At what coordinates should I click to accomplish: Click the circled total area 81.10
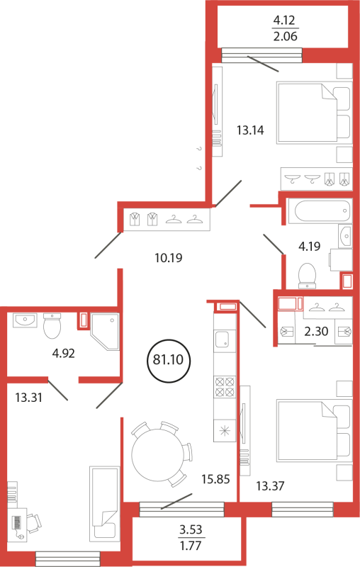coord(169,360)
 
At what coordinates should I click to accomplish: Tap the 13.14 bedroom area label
coord(250,130)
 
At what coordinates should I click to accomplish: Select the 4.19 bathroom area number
coord(310,246)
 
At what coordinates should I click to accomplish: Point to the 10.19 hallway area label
coord(169,258)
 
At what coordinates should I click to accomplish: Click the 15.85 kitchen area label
coord(215,479)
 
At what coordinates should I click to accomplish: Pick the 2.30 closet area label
coord(316,331)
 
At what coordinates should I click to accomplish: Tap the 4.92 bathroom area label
coord(64,353)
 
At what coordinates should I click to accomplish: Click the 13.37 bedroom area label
coord(271,486)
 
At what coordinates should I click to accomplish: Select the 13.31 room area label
coord(29,398)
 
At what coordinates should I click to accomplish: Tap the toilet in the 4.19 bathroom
coord(308,276)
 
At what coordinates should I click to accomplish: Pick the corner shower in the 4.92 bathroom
coord(105,332)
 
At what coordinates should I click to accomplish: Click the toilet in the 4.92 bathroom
coord(52,325)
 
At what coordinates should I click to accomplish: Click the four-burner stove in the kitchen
coord(225,387)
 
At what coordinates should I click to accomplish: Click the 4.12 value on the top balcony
coord(284,21)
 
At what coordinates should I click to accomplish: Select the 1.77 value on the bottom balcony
coord(191,545)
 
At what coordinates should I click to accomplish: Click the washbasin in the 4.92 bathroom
coord(25,320)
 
